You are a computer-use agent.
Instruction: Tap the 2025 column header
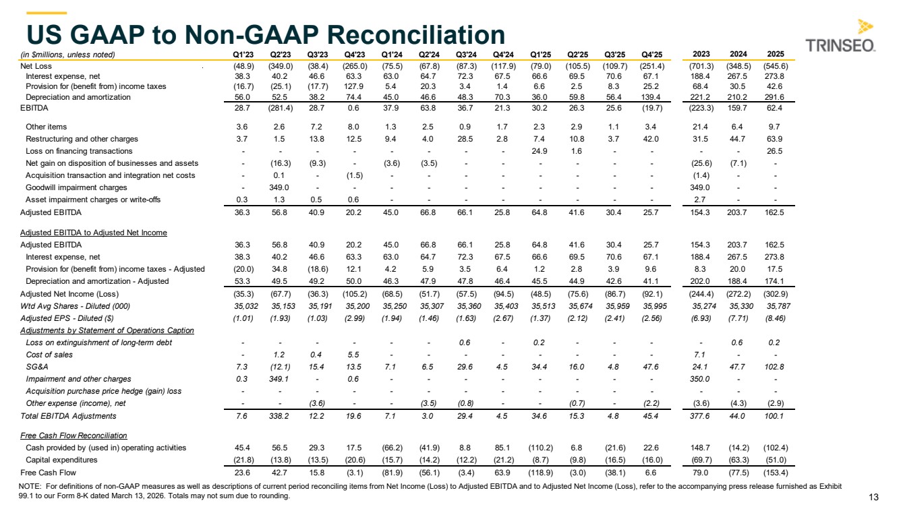pos(775,54)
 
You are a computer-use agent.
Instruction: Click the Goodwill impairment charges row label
pos(76,187)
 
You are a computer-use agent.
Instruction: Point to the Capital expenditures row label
pos(62,460)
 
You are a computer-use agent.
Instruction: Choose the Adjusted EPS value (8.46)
pos(775,318)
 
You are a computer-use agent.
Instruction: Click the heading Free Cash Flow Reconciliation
pos(74,436)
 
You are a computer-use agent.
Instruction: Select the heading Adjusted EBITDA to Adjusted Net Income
pos(93,233)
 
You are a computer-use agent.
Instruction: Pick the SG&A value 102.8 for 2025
pos(775,367)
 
